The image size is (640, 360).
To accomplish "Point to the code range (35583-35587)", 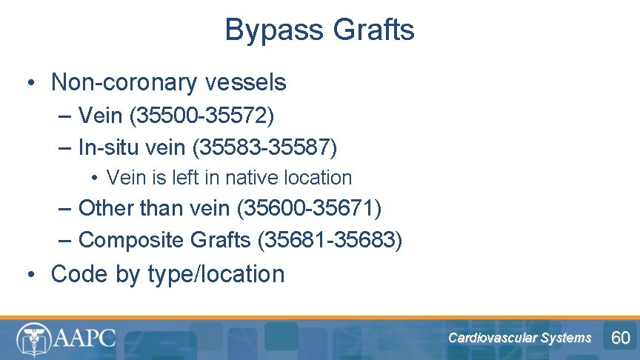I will pyautogui.click(x=264, y=147).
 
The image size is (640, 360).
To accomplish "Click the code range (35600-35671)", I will pyautogui.click(x=309, y=208).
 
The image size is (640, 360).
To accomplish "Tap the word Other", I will pyautogui.click(x=106, y=208).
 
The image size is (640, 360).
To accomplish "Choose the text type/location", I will pyautogui.click(x=216, y=274).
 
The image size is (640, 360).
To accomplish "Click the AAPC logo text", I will pyautogui.click(x=84, y=339).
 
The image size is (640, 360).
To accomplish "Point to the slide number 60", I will pyautogui.click(x=620, y=339).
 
